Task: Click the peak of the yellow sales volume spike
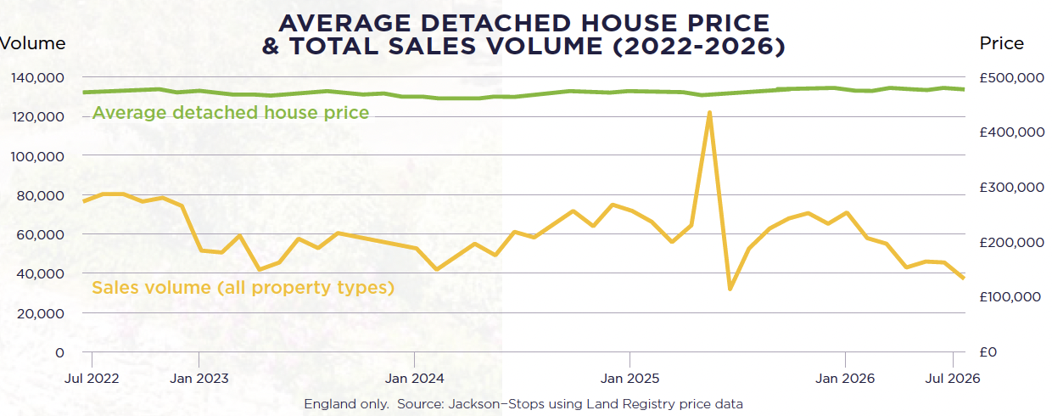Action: pyautogui.click(x=709, y=113)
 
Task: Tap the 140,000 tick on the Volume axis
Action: pyautogui.click(x=37, y=78)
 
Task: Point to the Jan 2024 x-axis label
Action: pyautogui.click(x=414, y=379)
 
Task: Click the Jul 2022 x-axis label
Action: pyautogui.click(x=92, y=379)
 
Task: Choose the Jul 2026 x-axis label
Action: pyautogui.click(x=953, y=379)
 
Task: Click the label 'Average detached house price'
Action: pyautogui.click(x=231, y=113)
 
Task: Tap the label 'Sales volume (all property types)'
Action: pyautogui.click(x=243, y=287)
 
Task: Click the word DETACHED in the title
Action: pyautogui.click(x=496, y=23)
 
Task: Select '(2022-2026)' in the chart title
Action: pyautogui.click(x=699, y=46)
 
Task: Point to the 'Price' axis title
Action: pyautogui.click(x=1001, y=43)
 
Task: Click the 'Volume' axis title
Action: pyautogui.click(x=32, y=43)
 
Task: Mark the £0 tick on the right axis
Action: pyautogui.click(x=988, y=352)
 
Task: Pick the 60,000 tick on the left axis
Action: pyautogui.click(x=41, y=234)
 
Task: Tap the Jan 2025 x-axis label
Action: pyautogui.click(x=630, y=379)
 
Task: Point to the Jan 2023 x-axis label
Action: pyautogui.click(x=199, y=379)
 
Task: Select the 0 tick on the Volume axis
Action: pyautogui.click(x=59, y=352)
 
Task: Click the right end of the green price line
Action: pyautogui.click(x=964, y=89)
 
